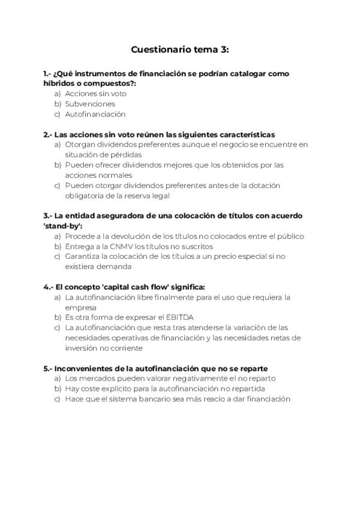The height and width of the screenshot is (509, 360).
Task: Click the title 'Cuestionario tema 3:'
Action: click(x=180, y=50)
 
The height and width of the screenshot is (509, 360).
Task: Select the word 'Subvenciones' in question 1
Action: click(x=90, y=104)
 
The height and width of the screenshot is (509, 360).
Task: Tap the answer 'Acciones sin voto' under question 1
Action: click(x=95, y=94)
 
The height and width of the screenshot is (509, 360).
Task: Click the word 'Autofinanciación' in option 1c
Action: click(x=95, y=114)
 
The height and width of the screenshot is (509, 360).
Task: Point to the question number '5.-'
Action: click(x=49, y=368)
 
